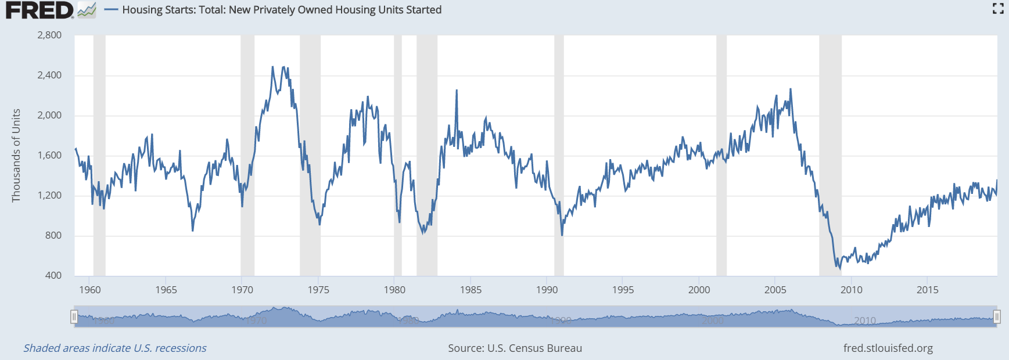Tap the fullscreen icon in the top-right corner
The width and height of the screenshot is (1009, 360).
tap(997, 9)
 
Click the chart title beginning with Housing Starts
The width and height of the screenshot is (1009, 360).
tap(282, 10)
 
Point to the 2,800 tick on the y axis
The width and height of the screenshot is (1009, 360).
tap(49, 35)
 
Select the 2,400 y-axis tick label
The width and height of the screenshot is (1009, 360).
tap(49, 75)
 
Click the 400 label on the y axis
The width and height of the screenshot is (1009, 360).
tap(53, 275)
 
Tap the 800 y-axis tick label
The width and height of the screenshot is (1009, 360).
tap(53, 235)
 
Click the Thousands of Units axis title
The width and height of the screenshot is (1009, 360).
tap(16, 155)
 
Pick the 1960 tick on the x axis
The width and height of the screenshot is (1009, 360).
tap(90, 290)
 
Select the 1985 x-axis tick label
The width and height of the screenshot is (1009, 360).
tap(471, 290)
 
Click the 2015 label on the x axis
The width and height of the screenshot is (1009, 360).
tap(927, 290)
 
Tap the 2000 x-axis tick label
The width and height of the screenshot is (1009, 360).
tap(699, 290)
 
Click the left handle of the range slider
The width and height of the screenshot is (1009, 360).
tap(74, 316)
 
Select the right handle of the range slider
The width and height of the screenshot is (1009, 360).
tap(997, 316)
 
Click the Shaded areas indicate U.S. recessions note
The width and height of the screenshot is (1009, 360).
tap(115, 348)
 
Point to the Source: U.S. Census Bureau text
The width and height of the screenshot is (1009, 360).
tap(515, 348)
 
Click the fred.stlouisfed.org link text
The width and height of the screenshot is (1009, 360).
tap(888, 348)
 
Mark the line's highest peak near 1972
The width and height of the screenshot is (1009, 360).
tap(272, 67)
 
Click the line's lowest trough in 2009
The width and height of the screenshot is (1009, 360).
tap(839, 269)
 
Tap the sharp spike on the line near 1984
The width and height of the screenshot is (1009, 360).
tap(457, 91)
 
